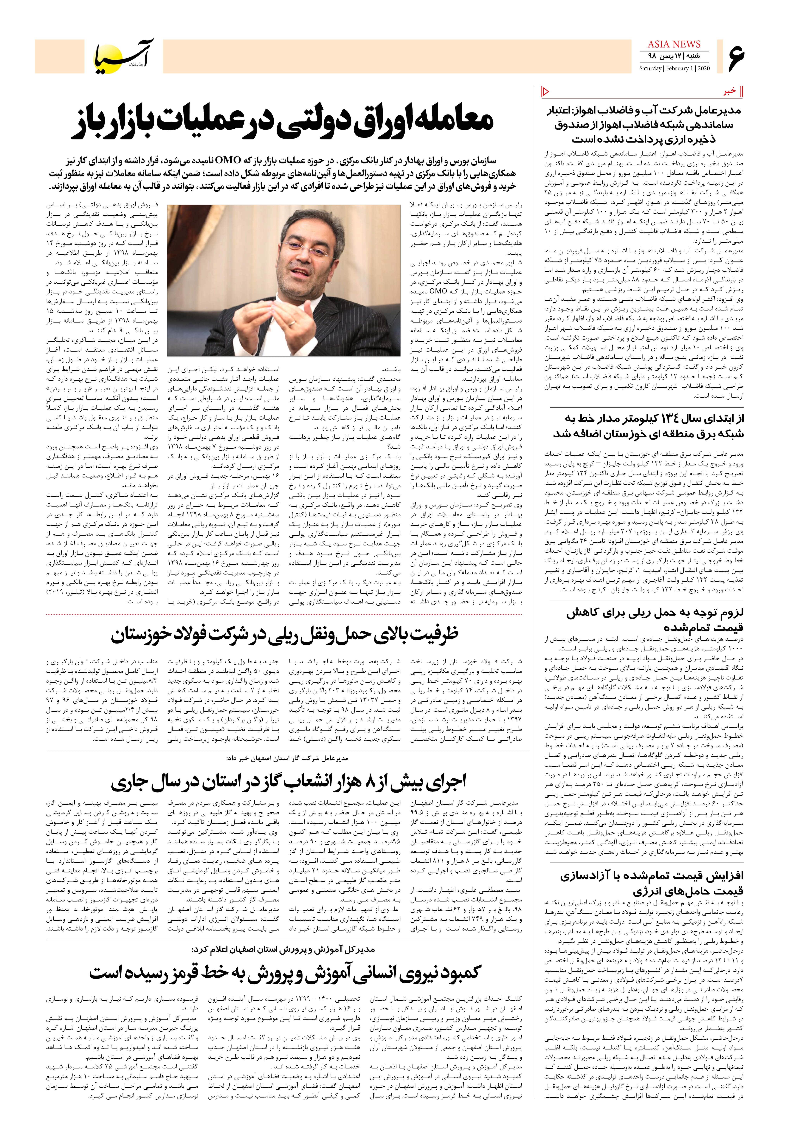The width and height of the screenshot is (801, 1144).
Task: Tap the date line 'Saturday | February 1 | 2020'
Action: click(x=675, y=68)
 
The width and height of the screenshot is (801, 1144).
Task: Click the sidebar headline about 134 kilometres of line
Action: click(x=648, y=426)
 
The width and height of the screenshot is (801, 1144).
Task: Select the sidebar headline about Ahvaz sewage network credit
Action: click(x=648, y=125)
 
